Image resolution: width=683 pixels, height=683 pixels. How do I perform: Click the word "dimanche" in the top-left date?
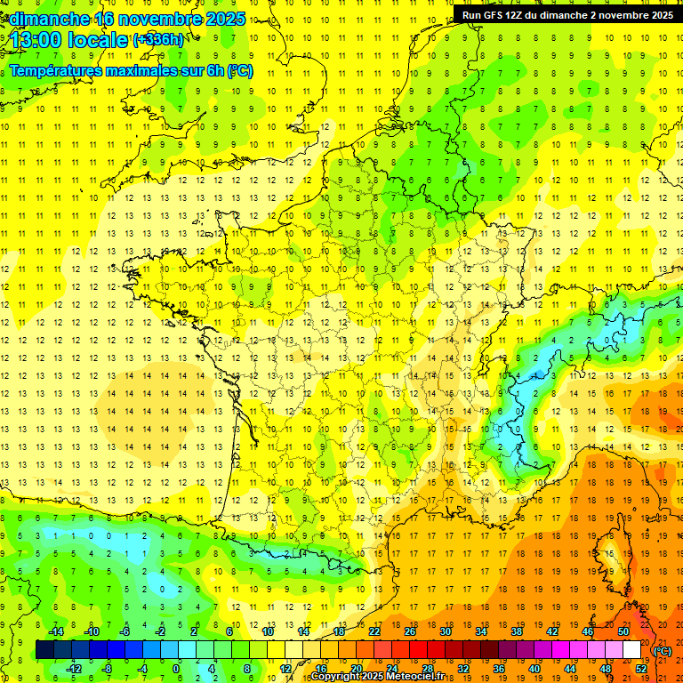pos(49,19)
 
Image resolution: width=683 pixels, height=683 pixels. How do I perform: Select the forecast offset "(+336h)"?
pos(159,40)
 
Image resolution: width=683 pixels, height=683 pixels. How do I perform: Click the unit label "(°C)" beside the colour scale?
pos(663,651)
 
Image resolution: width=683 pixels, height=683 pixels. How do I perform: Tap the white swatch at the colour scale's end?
pos(632,650)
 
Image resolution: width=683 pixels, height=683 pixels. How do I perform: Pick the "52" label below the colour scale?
pos(641,668)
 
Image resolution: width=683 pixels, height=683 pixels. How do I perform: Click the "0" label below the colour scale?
pos(175,668)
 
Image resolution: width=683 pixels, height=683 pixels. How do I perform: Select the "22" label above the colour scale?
pos(374,631)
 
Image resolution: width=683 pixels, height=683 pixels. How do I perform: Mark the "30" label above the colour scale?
pos(446,631)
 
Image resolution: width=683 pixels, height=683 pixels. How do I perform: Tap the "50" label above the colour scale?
pos(623,631)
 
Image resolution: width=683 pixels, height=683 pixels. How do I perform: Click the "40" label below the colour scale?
pos(534,668)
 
